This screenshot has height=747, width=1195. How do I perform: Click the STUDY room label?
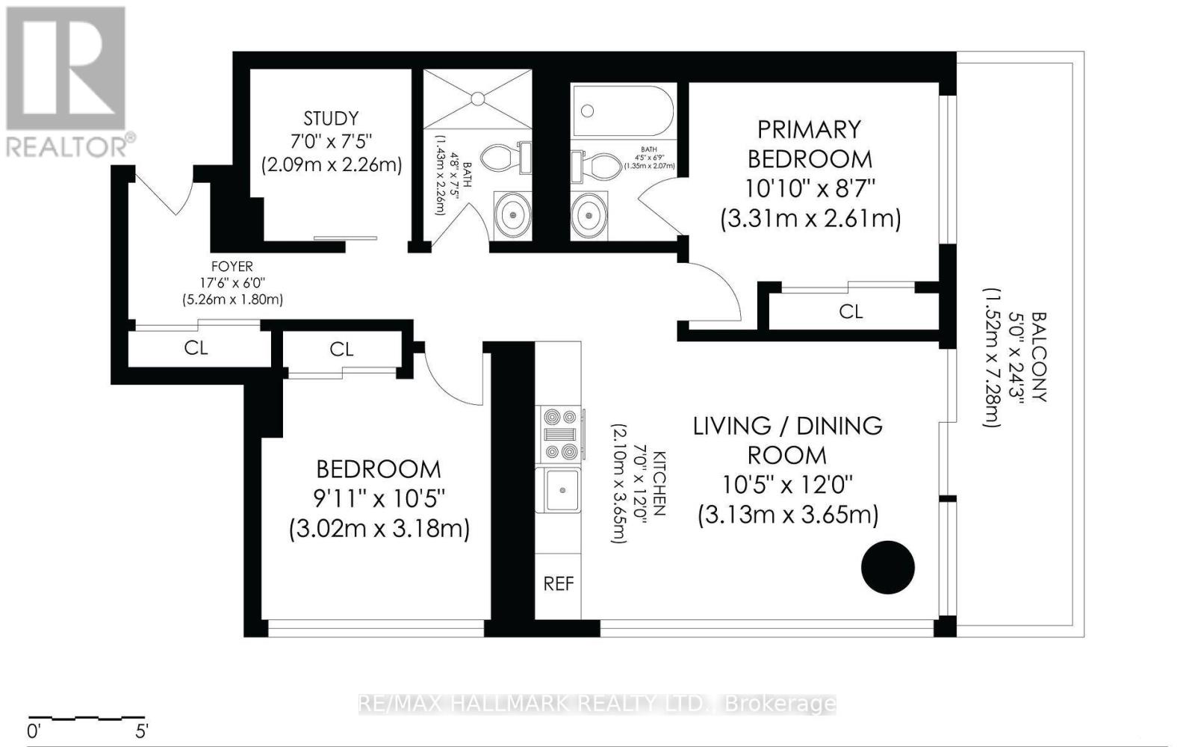click(x=331, y=118)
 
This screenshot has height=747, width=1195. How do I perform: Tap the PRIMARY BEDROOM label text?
click(x=810, y=144)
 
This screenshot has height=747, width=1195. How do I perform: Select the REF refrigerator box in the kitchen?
click(x=559, y=583)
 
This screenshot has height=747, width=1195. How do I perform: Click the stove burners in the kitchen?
click(x=560, y=434)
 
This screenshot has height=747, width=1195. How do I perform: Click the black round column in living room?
click(x=888, y=568)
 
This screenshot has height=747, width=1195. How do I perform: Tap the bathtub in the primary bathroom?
click(x=623, y=111)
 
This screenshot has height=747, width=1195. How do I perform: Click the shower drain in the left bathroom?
click(x=478, y=98)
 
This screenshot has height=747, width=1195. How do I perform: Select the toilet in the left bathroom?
click(x=503, y=158)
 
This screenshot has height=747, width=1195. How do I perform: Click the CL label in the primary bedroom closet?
click(x=851, y=311)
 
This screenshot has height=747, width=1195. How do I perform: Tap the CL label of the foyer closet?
click(x=196, y=348)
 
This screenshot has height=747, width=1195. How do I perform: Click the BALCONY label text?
click(x=1038, y=357)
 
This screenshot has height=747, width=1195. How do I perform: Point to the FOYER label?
click(x=232, y=267)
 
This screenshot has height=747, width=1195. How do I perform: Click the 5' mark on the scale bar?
click(x=141, y=729)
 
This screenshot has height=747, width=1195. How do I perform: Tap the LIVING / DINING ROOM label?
click(x=788, y=440)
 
